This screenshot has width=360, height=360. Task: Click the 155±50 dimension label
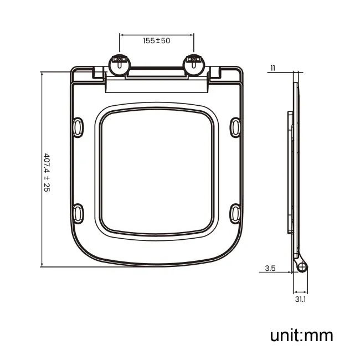tap(157, 41)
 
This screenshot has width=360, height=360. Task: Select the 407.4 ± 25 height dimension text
tap(47, 172)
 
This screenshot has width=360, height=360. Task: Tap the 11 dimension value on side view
tap(272, 68)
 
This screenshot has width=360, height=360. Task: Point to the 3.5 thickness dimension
tap(270, 269)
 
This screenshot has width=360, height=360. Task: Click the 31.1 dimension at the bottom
tap(300, 300)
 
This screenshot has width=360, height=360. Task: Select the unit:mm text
tap(301, 335)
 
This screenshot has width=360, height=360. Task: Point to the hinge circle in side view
tap(302, 267)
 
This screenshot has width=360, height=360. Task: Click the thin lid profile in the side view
tap(297, 166)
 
